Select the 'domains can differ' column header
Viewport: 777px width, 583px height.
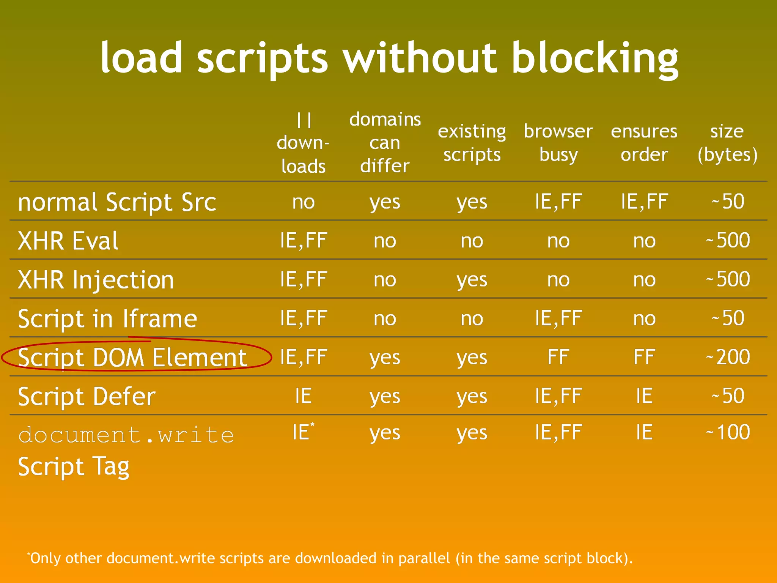(385, 143)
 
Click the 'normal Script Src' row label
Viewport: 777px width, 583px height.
(117, 202)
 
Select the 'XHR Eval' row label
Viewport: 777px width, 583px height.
(68, 241)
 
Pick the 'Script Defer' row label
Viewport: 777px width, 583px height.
(87, 397)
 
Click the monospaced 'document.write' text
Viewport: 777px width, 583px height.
(126, 435)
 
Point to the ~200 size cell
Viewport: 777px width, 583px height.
(728, 357)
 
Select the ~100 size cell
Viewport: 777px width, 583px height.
(728, 432)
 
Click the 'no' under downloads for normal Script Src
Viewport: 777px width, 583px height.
(304, 202)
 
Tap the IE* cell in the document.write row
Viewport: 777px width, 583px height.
(303, 432)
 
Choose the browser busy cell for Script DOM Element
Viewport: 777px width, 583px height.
(558, 357)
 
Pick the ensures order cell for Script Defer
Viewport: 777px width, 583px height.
(644, 396)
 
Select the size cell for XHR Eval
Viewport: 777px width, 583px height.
(728, 241)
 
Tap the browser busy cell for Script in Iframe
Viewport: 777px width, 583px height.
(558, 318)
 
